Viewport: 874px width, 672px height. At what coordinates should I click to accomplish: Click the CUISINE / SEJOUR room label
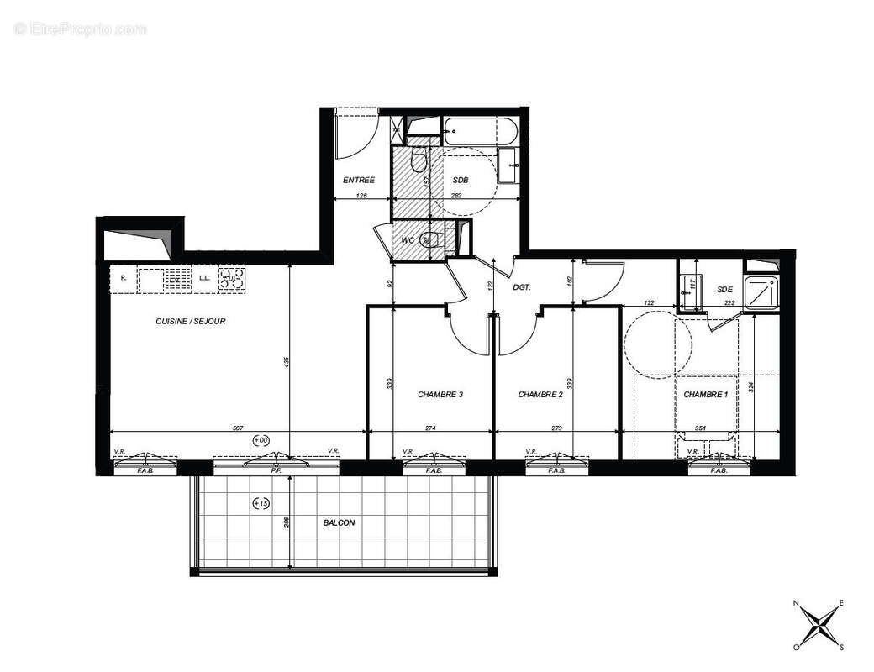pos(191,321)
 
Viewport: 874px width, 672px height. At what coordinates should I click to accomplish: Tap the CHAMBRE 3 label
pos(440,394)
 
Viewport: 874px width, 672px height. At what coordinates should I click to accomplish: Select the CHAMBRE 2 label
pos(540,394)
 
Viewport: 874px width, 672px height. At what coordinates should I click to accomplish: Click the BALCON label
pos(339,522)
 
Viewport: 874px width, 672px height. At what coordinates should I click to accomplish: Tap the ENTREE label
pos(358,181)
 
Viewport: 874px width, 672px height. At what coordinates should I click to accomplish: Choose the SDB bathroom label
pos(461,181)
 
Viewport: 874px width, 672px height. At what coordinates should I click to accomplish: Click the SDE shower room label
pos(725,290)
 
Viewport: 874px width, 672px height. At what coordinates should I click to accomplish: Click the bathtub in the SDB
pos(476,131)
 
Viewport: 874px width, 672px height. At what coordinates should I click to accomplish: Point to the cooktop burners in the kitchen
pos(231,278)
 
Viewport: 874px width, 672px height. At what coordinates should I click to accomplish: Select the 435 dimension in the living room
pos(287,361)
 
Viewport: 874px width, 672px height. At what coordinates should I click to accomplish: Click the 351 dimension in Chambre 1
pos(699,428)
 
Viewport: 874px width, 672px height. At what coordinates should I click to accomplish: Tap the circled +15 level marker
pos(261,504)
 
